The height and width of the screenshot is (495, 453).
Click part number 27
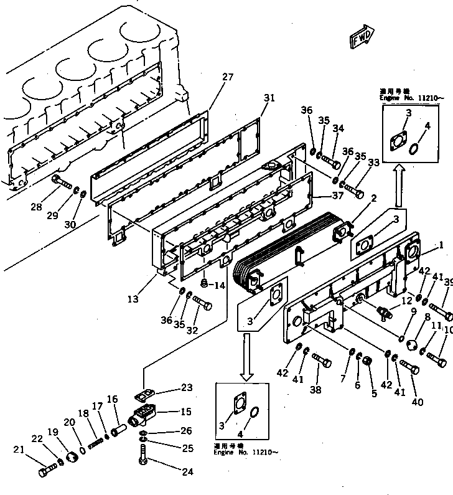tap(228, 77)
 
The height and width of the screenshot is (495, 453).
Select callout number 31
tap(268, 98)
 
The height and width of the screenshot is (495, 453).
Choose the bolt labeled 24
tap(142, 464)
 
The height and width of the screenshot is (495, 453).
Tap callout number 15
tap(186, 412)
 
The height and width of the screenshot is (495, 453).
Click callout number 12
tap(389, 300)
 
